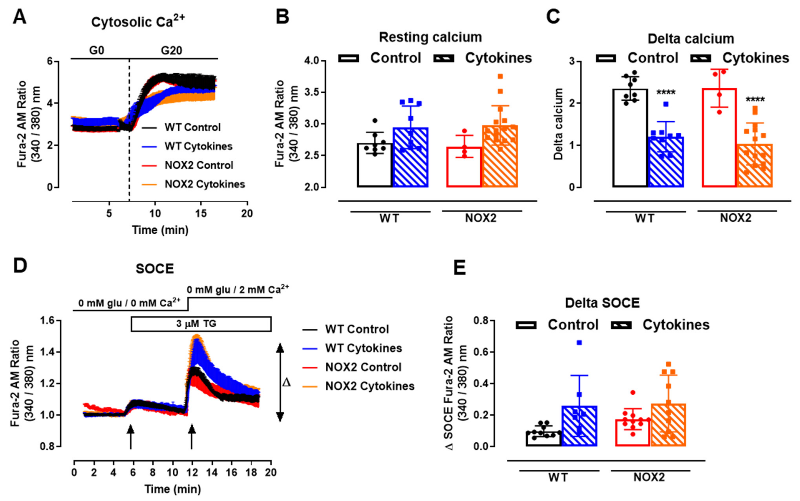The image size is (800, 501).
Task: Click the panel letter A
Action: (19, 17)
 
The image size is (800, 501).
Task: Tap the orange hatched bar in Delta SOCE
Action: (668, 425)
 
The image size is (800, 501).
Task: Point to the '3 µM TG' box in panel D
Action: (201, 324)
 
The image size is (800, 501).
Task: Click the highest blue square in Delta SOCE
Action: (579, 343)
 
